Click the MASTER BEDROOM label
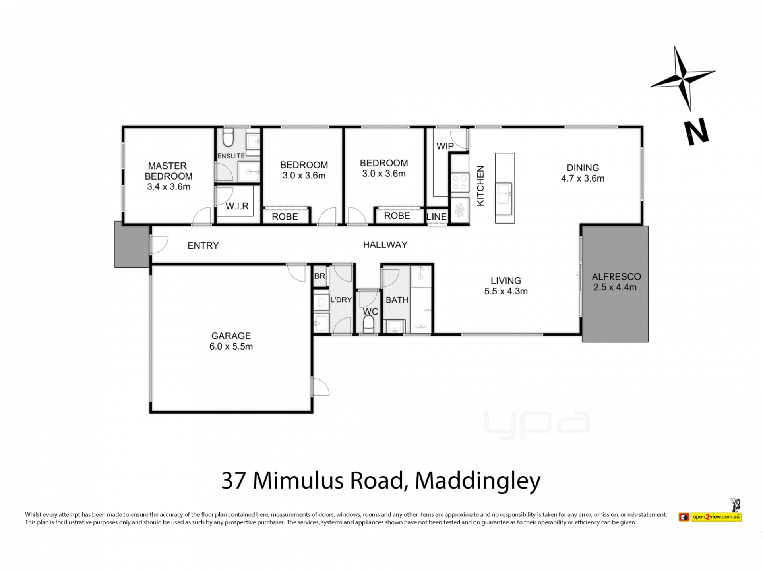click(x=168, y=171)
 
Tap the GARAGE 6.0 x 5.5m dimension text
click(x=231, y=346)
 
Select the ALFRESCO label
click(x=616, y=276)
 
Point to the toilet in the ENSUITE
click(x=228, y=137)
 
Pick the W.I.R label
click(x=237, y=206)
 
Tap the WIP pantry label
click(x=445, y=146)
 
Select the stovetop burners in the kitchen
click(x=460, y=183)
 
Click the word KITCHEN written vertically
click(x=480, y=186)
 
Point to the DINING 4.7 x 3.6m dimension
click(x=583, y=178)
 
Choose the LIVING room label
click(x=505, y=280)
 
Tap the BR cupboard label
click(x=320, y=276)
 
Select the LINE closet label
click(x=436, y=216)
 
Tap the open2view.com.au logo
click(x=710, y=517)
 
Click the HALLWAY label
click(x=385, y=245)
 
